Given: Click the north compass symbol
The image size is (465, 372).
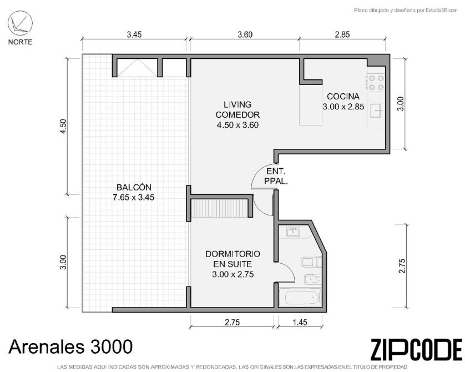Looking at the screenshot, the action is (x=20, y=23).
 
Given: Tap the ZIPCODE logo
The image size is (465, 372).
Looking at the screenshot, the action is (x=416, y=350).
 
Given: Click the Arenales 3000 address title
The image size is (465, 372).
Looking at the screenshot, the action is (x=70, y=346).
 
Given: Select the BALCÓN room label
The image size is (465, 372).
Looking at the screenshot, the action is (x=133, y=192).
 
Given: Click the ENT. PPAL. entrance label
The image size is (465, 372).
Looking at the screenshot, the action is (x=276, y=176).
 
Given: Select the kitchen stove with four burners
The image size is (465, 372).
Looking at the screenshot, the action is (x=376, y=83).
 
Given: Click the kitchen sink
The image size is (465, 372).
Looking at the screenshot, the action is (x=376, y=111).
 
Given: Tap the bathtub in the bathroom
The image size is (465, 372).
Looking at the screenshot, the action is (x=300, y=298).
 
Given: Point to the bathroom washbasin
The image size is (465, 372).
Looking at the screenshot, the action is (x=294, y=232).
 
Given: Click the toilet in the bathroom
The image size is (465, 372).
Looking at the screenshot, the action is (x=311, y=262).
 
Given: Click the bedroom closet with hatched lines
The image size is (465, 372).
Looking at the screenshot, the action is (x=219, y=208).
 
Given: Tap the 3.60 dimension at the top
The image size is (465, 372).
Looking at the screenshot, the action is (x=245, y=35).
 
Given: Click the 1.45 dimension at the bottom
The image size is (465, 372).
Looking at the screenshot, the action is (x=300, y=322).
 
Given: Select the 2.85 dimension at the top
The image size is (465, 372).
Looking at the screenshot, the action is (x=342, y=35).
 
